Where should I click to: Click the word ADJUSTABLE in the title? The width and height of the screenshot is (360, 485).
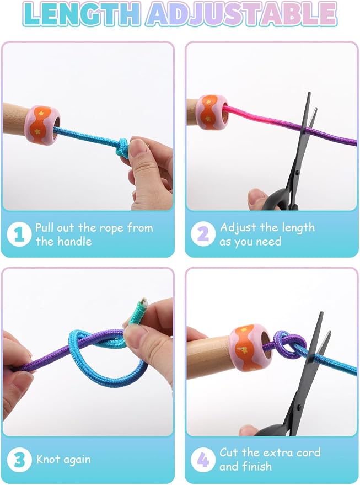(x=241, y=13)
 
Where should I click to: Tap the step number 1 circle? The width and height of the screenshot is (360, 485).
(x=19, y=234)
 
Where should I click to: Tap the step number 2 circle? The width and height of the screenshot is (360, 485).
(x=203, y=234)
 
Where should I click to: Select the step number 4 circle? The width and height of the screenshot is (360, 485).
(x=203, y=460)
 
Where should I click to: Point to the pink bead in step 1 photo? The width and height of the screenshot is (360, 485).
(x=42, y=125)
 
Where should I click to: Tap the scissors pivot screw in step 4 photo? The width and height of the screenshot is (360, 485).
(x=298, y=406)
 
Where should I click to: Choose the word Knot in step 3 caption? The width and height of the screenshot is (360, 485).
(x=48, y=459)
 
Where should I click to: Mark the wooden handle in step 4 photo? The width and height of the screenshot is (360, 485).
(x=210, y=356)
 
